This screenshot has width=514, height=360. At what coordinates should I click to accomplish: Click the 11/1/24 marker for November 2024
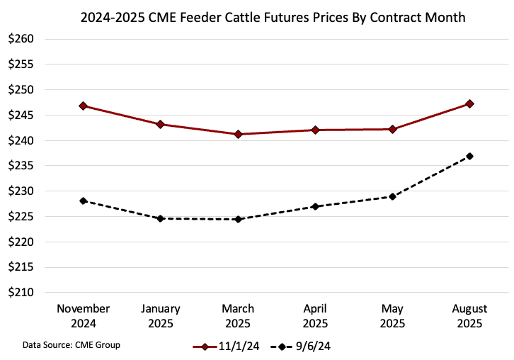click(x=84, y=106)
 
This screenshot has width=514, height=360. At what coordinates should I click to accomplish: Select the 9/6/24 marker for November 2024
click(x=84, y=201)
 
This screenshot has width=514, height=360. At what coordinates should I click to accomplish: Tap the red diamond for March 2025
click(x=238, y=134)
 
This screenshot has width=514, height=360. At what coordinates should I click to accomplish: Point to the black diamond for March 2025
click(x=238, y=219)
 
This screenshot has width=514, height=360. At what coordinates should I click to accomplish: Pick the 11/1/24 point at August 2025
click(x=469, y=103)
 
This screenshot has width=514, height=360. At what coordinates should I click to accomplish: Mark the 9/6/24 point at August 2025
click(x=469, y=156)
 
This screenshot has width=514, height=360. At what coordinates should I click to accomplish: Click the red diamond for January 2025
click(x=161, y=124)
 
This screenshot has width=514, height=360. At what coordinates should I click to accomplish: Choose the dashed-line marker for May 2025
click(x=392, y=196)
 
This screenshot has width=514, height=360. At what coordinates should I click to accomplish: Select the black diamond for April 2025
click(x=315, y=206)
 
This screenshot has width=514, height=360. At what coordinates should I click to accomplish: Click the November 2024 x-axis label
click(x=84, y=315)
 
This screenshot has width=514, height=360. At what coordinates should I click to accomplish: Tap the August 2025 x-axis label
click(x=469, y=315)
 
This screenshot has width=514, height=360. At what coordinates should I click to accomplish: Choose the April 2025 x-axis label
click(x=315, y=315)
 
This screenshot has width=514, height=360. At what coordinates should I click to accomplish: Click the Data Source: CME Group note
click(x=71, y=345)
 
